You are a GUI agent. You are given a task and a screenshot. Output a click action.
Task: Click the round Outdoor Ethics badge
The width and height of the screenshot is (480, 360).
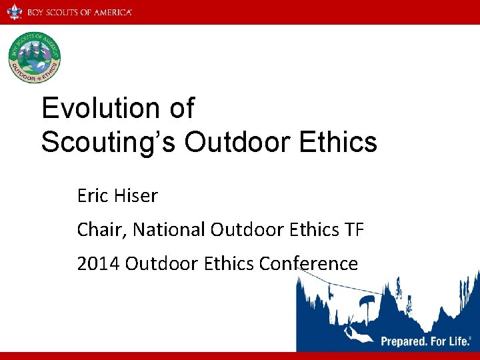[35, 58]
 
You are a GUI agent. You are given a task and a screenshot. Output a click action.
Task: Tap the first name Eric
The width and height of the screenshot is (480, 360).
[92, 195]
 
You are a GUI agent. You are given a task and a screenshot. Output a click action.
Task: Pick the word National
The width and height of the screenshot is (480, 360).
[169, 229]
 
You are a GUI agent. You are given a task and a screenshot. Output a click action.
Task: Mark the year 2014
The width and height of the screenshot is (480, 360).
[99, 263]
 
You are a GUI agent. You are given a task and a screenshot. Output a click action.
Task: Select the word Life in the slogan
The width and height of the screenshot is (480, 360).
[460, 341]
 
